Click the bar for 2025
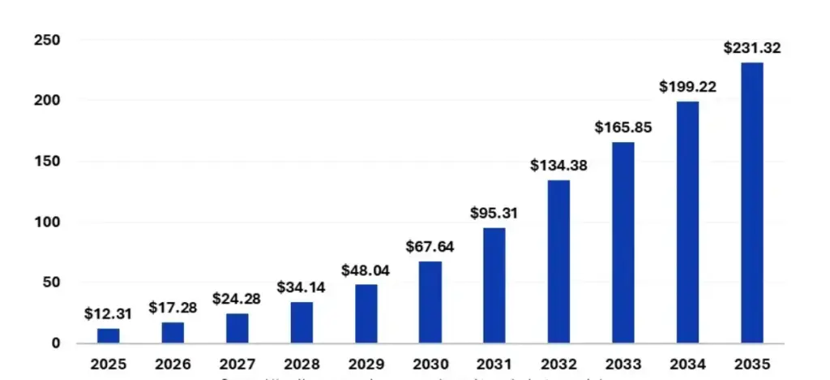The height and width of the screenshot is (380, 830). click(109, 335)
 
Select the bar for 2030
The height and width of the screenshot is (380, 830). click(430, 302)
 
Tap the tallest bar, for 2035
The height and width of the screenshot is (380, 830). click(751, 203)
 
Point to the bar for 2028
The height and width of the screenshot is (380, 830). click(302, 322)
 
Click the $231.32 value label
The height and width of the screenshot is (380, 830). click(751, 48)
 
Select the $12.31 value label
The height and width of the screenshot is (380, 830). click(108, 313)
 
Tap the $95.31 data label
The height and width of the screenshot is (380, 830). click(494, 214)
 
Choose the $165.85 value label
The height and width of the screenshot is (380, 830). click(622, 127)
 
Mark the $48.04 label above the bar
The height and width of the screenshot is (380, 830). click(366, 270)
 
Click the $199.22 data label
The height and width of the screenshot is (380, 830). click(687, 86)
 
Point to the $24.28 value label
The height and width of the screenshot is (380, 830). click(237, 299)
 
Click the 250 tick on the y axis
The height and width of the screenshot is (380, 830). click(47, 40)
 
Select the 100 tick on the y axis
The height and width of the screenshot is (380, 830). click(47, 222)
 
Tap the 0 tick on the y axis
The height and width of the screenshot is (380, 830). click(56, 343)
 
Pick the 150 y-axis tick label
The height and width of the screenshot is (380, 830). click(47, 161)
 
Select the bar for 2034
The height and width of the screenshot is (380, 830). click(687, 222)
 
